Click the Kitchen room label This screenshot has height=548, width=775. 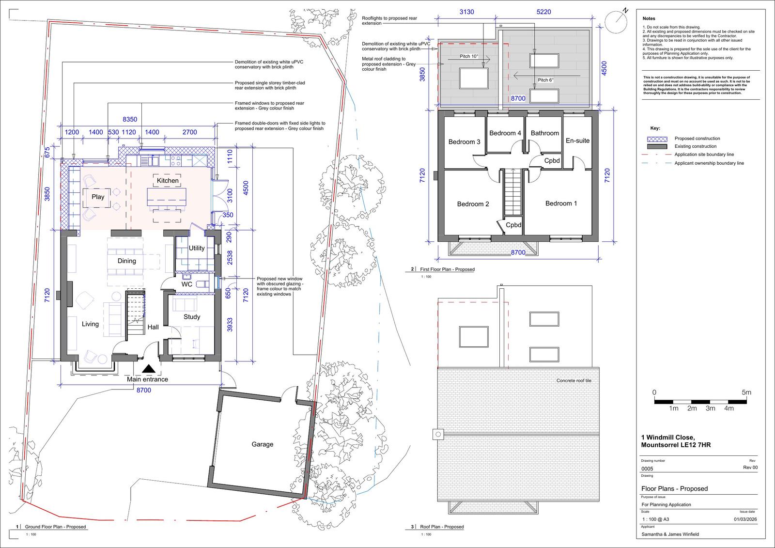pos(168,180)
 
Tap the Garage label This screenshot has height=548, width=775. pos(262,444)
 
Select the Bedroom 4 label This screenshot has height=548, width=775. pos(505,133)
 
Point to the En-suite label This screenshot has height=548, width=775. pos(577,141)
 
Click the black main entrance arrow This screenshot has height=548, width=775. pos(148,369)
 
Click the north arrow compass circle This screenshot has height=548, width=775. pos(616,22)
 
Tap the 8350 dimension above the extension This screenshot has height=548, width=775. pos(130,119)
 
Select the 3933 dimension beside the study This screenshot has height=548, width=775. pos(230,325)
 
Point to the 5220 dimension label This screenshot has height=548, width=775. pos(543,12)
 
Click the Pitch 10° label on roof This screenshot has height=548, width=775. pos(469,56)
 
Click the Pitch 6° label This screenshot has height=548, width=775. pos(545,80)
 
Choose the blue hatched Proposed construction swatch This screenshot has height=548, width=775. pos(657,139)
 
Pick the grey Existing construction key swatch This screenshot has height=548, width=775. pos(657,146)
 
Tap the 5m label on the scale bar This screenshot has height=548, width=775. pos(746,392)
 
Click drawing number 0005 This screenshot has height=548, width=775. pos(647,469)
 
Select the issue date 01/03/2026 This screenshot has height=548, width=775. pos(745,519)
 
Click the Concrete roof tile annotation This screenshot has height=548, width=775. pos(573,380)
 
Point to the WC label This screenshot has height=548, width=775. pos(187,284)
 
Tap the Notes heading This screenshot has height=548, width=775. pos(649,18)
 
